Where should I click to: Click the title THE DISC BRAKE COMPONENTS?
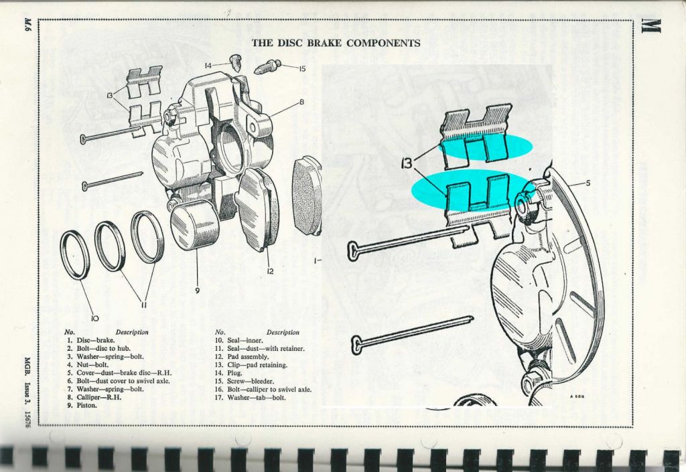tap(336, 43)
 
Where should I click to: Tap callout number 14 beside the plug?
tap(209, 66)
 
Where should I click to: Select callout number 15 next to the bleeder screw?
tap(301, 68)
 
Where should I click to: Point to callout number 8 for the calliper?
tap(301, 102)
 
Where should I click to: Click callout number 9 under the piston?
tap(198, 290)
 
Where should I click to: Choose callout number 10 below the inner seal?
tap(95, 318)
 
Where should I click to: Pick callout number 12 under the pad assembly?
tap(271, 271)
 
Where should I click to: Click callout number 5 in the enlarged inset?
tap(588, 183)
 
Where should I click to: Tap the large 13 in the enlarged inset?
tap(407, 163)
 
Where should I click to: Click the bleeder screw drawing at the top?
tap(267, 68)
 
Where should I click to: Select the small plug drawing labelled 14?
tap(234, 64)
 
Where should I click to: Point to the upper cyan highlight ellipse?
tap(486, 147)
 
